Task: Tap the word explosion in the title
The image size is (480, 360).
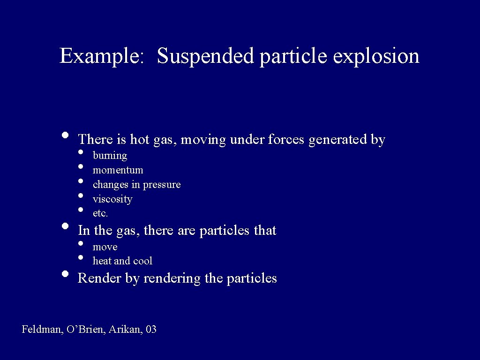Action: coord(376,56)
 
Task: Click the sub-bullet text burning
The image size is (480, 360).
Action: coord(110,155)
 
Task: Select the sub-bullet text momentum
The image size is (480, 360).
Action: coord(118,170)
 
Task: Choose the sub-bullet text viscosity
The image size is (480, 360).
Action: coord(112,199)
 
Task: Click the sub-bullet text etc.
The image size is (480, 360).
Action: coord(100,213)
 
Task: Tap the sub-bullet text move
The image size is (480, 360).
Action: coord(105,247)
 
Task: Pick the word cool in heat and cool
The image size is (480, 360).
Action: coord(143,261)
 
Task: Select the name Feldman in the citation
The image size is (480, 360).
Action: coord(41,330)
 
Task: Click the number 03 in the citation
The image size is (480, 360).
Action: coord(151,330)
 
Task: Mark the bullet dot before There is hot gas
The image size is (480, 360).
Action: coord(66,135)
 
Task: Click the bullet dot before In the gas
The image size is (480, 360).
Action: coord(66,226)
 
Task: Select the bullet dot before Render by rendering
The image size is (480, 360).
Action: coord(66,274)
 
